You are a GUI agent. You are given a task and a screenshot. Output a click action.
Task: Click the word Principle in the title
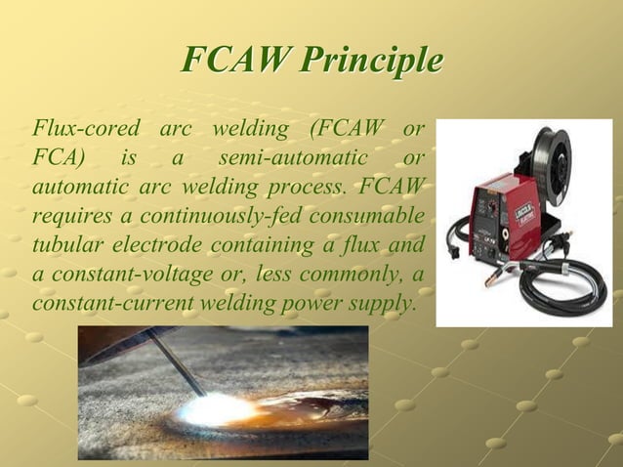(370, 61)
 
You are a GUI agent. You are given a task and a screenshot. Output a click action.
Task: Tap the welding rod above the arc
(171, 361)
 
